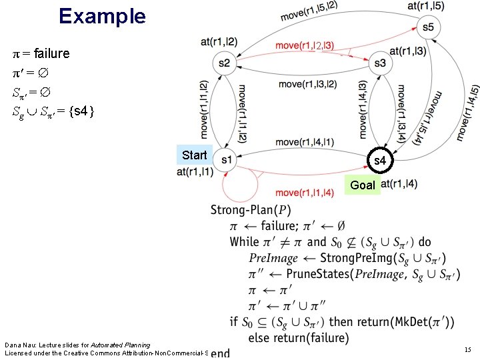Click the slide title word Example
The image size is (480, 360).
[102, 15]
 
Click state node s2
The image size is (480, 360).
[223, 63]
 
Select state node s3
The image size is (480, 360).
[380, 63]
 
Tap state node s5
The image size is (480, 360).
[427, 27]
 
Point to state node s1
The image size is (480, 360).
[227, 159]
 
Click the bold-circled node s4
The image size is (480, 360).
[379, 161]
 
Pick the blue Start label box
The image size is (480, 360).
[194, 155]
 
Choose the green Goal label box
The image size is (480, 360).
[363, 185]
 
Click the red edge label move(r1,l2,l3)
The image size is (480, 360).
[305, 45]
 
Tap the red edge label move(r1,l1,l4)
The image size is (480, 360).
[304, 193]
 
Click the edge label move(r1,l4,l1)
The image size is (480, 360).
[305, 141]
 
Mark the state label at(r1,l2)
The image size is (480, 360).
[219, 41]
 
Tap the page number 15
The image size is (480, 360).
[467, 349]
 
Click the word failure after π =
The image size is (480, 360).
[51, 53]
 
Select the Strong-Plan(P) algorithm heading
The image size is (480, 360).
[250, 211]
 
